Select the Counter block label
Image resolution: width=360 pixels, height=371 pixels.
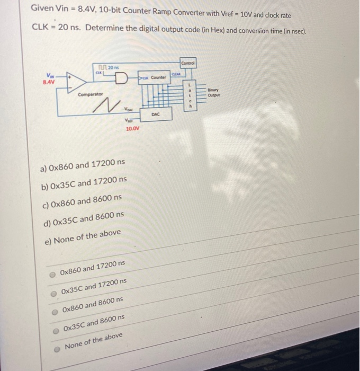158,77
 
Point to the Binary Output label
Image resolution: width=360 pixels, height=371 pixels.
214,93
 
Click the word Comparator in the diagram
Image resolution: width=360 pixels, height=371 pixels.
88,95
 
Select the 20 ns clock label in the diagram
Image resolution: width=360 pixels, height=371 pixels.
112,66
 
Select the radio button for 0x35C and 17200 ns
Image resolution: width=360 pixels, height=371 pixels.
52,292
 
